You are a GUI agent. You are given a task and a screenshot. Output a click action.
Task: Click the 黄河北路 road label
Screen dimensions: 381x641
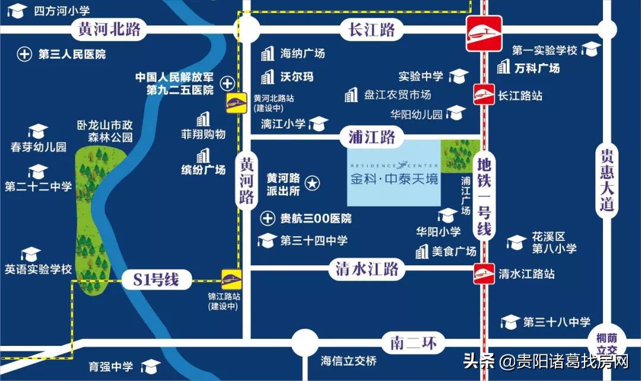(107, 28)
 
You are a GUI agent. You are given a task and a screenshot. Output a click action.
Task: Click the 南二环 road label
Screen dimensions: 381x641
(413, 342)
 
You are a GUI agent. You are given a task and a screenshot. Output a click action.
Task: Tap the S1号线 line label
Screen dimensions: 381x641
(152, 279)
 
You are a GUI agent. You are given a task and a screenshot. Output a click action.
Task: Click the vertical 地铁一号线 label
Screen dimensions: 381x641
(484, 195)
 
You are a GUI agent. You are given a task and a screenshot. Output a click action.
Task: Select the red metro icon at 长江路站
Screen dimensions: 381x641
(484, 95)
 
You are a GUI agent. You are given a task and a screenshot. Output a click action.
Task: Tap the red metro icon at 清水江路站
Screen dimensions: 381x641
(484, 274)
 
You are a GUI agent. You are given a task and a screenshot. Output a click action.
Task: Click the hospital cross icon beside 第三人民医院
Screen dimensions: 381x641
(24, 55)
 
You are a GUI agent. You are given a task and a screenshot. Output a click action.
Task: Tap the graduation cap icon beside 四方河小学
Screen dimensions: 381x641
(18, 10)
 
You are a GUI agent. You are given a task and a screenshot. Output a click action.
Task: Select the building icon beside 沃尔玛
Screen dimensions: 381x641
(268, 77)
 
